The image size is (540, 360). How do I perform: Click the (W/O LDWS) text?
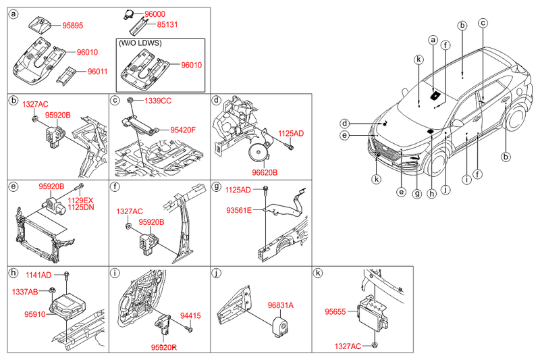coord(140,43)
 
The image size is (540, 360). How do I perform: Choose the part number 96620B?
coord(265,172)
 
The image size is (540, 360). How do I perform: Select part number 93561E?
coord(238,211)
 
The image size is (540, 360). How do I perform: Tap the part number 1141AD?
coord(38,275)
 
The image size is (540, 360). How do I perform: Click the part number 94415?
coord(191,315)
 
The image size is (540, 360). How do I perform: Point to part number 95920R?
coord(163,347)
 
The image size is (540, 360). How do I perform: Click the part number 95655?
coord(336,312)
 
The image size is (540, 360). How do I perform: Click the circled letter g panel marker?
coord(217,186)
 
